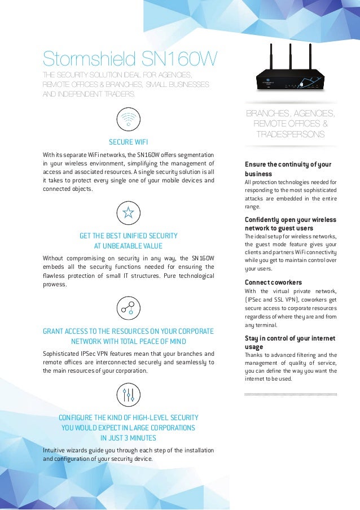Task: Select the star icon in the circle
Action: pyautogui.click(x=129, y=213)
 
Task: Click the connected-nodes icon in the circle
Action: pyautogui.click(x=129, y=307)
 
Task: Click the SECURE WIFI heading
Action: pyautogui.click(x=129, y=141)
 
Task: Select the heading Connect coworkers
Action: pyautogui.click(x=273, y=282)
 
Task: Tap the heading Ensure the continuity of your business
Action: pyautogui.click(x=288, y=169)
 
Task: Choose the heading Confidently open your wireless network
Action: pyautogui.click(x=291, y=224)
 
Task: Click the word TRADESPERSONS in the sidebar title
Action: pyautogui.click(x=290, y=134)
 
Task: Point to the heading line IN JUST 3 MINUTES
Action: pyautogui.click(x=128, y=438)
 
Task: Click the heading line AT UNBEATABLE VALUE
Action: pyautogui.click(x=128, y=246)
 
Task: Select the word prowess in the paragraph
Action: pyautogui.click(x=55, y=285)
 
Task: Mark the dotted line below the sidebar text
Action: pyautogui.click(x=291, y=394)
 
